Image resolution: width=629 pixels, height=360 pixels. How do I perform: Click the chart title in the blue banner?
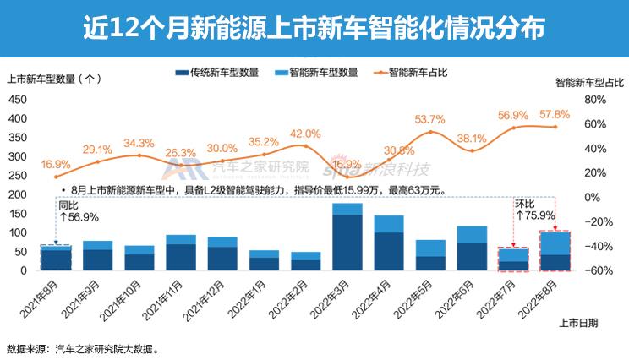[314, 28]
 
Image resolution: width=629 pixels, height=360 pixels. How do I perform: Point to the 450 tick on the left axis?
[17, 99]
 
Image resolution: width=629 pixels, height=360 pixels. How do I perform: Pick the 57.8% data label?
[555, 113]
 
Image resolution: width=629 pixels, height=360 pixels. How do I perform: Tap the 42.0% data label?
[305, 134]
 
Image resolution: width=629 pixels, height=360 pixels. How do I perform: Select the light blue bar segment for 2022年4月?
[389, 224]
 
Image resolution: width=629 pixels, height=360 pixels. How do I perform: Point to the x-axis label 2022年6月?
[460, 296]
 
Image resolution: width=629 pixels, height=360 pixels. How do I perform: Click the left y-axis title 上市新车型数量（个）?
[54, 80]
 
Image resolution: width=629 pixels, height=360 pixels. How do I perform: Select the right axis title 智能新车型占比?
[589, 84]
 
